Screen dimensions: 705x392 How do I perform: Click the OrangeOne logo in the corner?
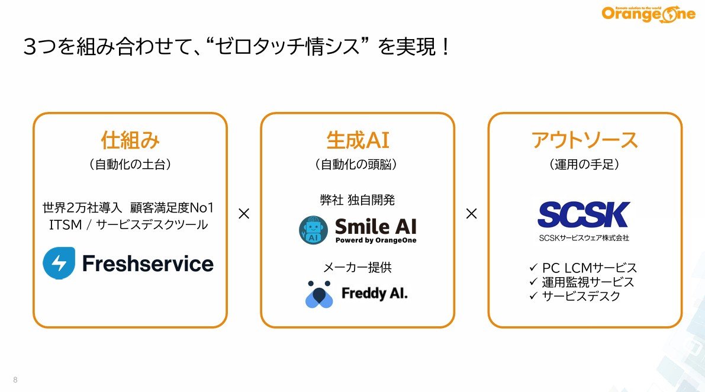click(x=648, y=14)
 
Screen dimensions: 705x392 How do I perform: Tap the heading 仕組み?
click(x=130, y=140)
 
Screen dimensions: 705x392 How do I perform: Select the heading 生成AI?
click(x=358, y=140)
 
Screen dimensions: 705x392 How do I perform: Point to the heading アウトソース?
click(x=584, y=140)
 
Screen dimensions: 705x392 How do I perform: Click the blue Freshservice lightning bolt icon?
click(x=59, y=263)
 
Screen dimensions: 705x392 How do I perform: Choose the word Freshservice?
click(x=148, y=264)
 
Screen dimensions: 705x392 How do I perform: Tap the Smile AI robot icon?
click(x=313, y=230)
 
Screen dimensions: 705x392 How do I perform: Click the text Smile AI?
click(x=376, y=226)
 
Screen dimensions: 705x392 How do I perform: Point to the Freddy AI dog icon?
click(x=319, y=294)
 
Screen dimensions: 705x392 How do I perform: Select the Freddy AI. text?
click(x=375, y=294)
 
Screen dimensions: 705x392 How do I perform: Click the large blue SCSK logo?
click(x=584, y=214)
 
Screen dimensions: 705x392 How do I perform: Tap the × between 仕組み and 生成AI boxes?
click(x=244, y=214)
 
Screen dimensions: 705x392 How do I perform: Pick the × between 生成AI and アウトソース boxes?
click(x=471, y=214)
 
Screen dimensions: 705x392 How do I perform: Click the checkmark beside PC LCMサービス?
click(x=534, y=268)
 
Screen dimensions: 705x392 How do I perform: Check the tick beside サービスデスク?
click(x=534, y=295)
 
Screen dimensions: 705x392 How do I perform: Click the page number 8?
click(x=15, y=380)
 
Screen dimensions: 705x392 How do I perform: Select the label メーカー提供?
click(x=358, y=268)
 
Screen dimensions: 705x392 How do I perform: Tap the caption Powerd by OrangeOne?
click(x=376, y=240)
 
